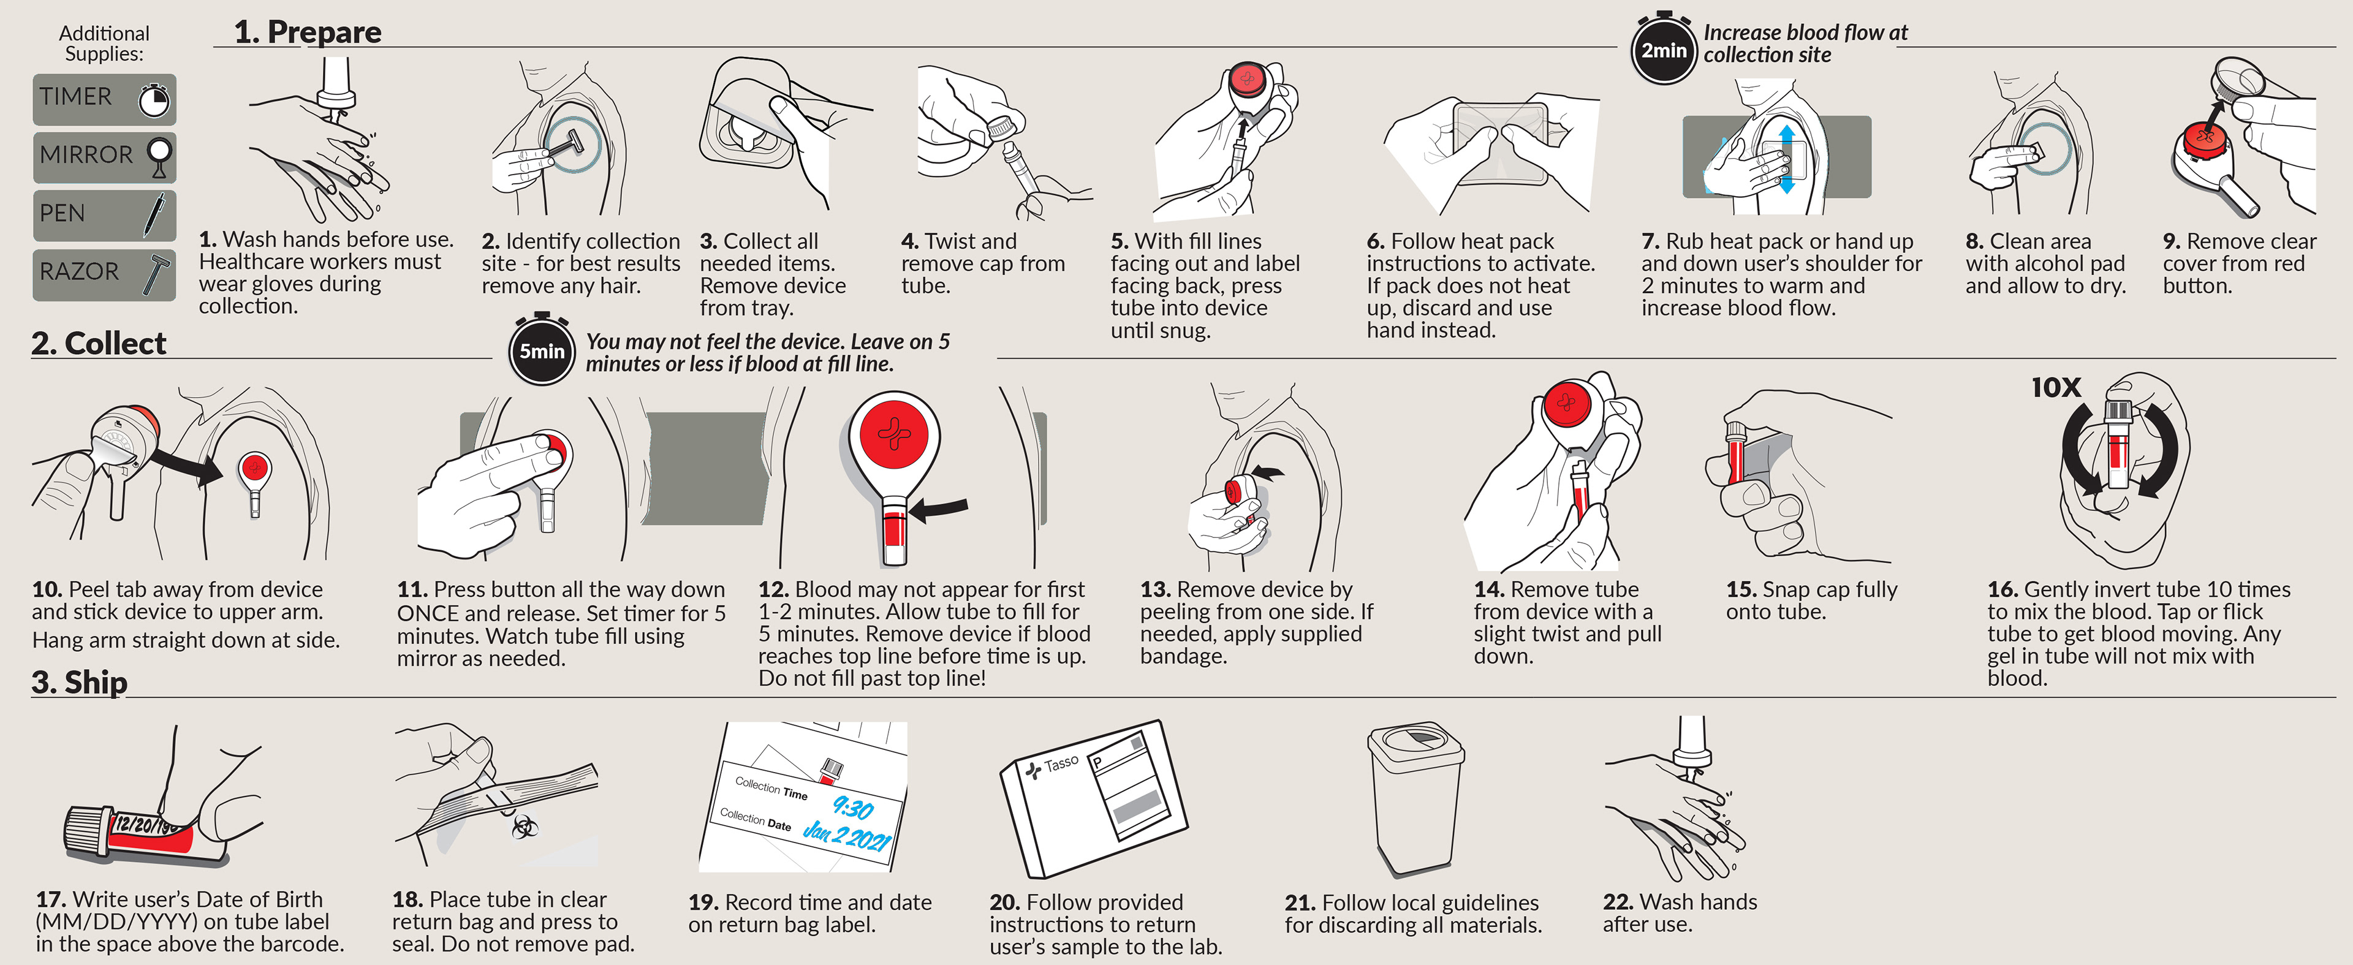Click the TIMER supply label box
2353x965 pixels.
104,99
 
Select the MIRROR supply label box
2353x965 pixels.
104,156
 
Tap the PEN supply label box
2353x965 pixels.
104,214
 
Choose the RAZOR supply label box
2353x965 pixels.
104,273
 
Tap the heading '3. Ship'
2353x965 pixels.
80,682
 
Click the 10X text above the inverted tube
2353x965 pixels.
2055,387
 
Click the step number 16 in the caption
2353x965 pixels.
2003,590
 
